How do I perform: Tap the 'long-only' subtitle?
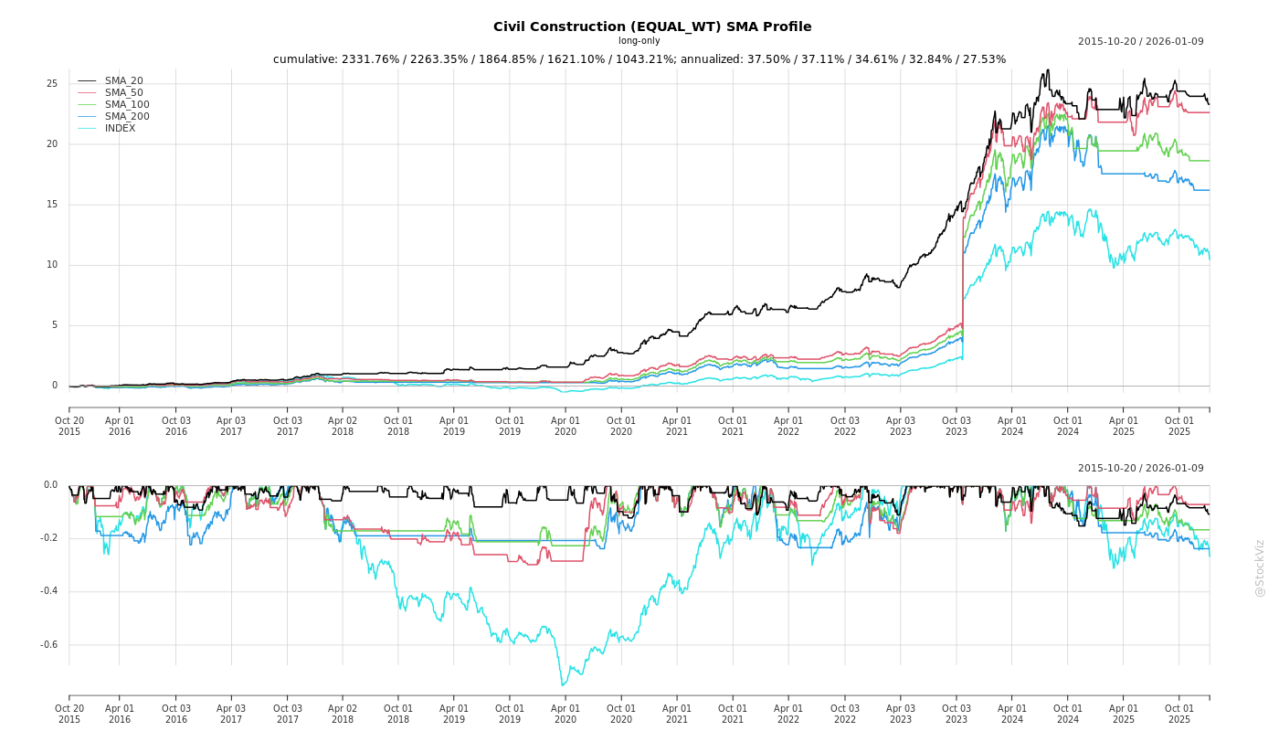click(x=639, y=41)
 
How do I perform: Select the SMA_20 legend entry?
click(x=123, y=81)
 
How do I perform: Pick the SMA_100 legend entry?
click(x=127, y=105)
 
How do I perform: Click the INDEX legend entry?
click(x=120, y=129)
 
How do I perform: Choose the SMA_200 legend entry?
click(x=127, y=117)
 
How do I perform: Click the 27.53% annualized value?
click(x=987, y=59)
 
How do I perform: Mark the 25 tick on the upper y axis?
click(x=52, y=84)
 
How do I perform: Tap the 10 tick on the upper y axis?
click(x=52, y=265)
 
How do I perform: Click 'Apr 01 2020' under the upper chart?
click(x=566, y=426)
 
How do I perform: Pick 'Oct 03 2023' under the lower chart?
click(x=957, y=714)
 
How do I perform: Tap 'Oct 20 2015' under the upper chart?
click(x=69, y=426)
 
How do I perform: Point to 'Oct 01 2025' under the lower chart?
click(x=1179, y=714)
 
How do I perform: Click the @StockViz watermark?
click(x=1260, y=567)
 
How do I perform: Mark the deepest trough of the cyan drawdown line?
click(x=563, y=685)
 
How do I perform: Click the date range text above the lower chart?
click(x=1140, y=469)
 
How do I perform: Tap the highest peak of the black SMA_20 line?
click(x=1048, y=69)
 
